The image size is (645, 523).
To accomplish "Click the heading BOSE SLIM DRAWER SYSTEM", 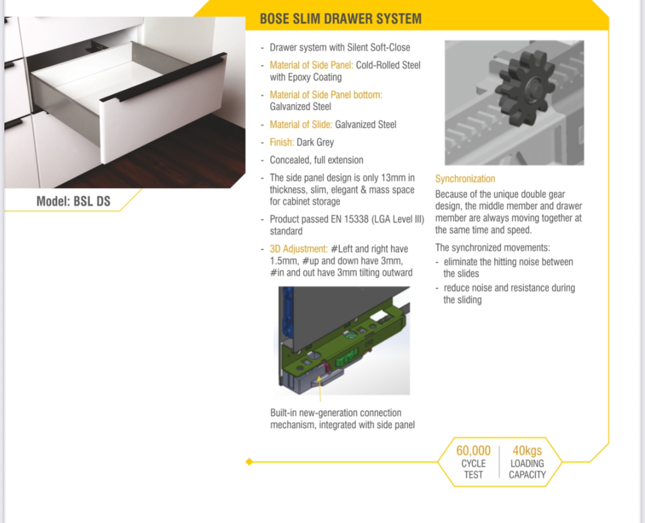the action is [341, 19].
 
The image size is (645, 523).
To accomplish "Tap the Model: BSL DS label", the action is [73, 201].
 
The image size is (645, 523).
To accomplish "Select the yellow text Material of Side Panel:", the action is [311, 65].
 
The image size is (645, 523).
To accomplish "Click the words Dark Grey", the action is [315, 142].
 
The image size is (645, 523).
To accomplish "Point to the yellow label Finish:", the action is [282, 142].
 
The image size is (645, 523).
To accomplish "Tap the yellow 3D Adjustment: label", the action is [299, 249].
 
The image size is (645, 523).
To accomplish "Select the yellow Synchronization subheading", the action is [465, 178].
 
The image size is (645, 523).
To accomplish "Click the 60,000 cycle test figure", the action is [473, 451].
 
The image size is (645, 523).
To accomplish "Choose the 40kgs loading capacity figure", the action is [527, 451].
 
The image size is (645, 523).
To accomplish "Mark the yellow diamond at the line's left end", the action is [249, 462].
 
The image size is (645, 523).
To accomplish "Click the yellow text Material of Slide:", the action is [301, 125].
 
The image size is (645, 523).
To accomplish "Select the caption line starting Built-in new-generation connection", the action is [336, 412].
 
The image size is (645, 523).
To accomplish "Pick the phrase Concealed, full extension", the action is [316, 160].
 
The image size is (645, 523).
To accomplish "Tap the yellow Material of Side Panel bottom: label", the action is [326, 95].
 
